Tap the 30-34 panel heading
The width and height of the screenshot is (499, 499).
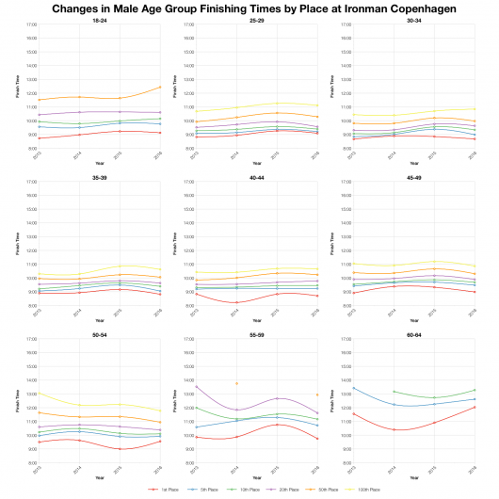coord(414,20)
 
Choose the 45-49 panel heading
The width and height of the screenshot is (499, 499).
coord(414,176)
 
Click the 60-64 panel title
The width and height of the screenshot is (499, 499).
coord(414,332)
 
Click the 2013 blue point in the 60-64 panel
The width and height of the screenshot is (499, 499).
coord(352,388)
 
